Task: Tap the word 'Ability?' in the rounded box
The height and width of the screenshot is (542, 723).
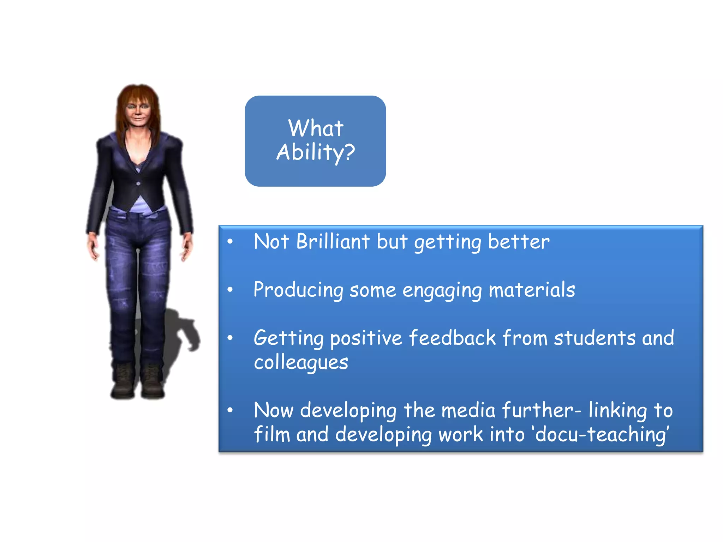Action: (316, 152)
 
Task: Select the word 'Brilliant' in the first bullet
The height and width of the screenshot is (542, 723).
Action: (333, 242)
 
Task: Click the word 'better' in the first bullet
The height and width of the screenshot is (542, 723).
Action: (519, 242)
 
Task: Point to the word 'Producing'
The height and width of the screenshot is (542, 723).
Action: (298, 290)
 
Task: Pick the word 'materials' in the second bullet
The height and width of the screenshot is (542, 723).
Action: (532, 290)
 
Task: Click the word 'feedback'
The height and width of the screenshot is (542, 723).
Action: (453, 338)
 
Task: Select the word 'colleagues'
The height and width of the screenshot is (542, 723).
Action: (301, 363)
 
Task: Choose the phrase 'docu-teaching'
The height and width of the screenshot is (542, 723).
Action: (601, 434)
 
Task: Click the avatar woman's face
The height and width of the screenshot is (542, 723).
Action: (138, 110)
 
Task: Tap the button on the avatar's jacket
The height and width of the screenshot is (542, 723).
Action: (138, 183)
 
